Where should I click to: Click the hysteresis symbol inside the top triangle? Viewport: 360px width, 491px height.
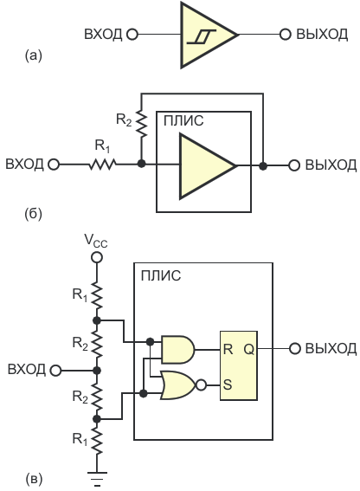[x=201, y=36]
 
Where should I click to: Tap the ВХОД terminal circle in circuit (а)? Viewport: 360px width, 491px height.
[x=132, y=34]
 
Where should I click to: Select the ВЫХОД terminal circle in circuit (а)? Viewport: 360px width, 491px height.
[x=285, y=34]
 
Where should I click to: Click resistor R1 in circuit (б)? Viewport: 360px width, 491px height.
[x=102, y=164]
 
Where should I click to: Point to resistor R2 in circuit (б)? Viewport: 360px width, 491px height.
[x=142, y=124]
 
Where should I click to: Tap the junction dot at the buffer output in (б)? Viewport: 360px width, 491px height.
[x=263, y=166]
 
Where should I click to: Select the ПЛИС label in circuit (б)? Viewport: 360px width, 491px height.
[x=183, y=120]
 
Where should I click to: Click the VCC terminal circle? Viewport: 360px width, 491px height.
[x=96, y=257]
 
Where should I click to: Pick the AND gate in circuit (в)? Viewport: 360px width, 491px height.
[x=177, y=350]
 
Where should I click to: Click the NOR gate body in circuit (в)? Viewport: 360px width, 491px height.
[x=178, y=385]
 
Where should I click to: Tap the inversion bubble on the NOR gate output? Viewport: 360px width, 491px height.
[x=202, y=385]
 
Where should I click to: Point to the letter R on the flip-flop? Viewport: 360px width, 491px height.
[x=228, y=349]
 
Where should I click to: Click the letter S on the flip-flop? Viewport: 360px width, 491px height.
[x=228, y=384]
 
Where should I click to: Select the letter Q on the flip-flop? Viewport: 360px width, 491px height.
[x=249, y=349]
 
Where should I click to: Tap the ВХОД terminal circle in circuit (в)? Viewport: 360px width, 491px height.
[x=55, y=371]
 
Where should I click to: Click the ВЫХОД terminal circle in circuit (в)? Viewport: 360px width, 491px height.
[x=294, y=348]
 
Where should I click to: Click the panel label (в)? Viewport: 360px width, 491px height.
[x=33, y=479]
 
